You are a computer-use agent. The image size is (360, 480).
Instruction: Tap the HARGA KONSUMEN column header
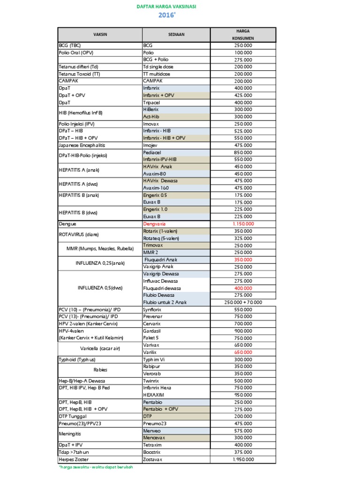[x=243, y=35]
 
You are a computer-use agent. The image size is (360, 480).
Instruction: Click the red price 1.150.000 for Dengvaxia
[x=243, y=224]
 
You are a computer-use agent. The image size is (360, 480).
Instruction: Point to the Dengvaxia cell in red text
[x=155, y=224]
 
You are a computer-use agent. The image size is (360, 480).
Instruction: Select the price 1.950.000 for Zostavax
[x=243, y=459]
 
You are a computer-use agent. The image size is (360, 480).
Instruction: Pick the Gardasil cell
[x=151, y=330]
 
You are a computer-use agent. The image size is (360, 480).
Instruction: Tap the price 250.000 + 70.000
[x=243, y=302]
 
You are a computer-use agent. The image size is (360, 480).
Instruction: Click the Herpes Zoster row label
[x=74, y=459]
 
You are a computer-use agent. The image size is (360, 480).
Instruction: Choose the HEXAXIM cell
[x=153, y=395]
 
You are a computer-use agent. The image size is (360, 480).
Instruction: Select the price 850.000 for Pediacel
[x=243, y=152]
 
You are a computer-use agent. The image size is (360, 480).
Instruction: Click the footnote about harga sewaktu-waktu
[x=96, y=467]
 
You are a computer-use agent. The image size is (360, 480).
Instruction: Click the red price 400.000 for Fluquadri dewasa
[x=243, y=288]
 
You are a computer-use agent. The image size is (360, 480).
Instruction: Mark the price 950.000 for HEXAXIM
[x=243, y=395]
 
